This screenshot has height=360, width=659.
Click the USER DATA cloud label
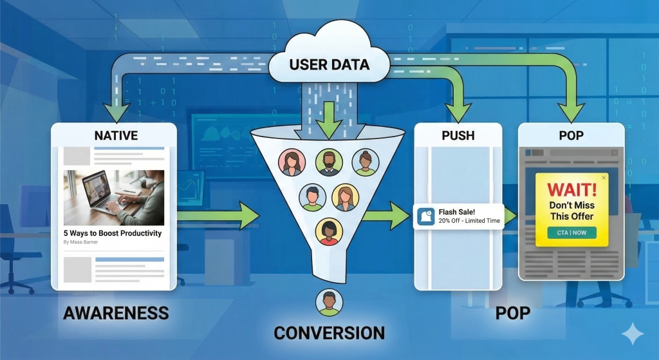click(329, 64)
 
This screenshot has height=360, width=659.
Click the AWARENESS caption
click(116, 314)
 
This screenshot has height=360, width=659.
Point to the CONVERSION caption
click(329, 333)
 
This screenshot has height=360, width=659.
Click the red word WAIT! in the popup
click(572, 190)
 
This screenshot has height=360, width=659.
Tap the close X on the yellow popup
click(603, 177)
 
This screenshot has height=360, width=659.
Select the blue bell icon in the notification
click(425, 216)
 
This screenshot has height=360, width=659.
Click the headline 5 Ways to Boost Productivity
click(113, 233)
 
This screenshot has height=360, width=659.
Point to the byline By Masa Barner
click(83, 243)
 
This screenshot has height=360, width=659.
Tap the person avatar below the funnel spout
click(329, 302)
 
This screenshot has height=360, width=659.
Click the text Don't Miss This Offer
click(572, 211)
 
